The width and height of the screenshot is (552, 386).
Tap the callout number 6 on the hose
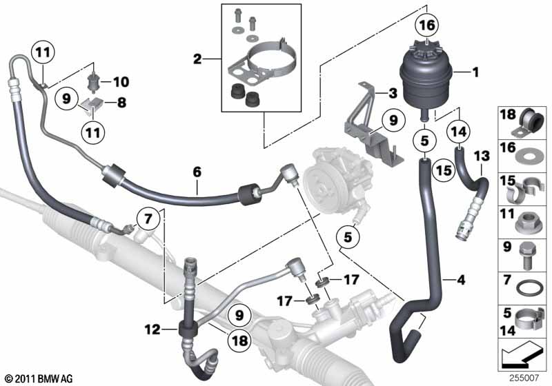pos(197,172)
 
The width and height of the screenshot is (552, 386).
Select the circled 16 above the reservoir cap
pos(426,26)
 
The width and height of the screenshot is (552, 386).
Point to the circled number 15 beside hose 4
pos(444,170)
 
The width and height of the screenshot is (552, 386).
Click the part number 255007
pos(524,378)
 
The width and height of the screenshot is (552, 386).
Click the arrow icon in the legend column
pos(522,355)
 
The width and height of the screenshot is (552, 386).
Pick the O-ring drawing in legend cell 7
pos(527,288)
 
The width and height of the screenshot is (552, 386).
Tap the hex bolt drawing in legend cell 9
pos(527,257)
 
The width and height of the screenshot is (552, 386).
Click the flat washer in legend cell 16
pos(526,157)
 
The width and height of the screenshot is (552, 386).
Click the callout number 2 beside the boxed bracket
pos(197,59)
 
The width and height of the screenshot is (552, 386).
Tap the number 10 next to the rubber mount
pos(121,82)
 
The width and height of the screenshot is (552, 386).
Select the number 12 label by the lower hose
pos(152,329)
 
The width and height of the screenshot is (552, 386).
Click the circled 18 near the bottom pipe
pos(239,340)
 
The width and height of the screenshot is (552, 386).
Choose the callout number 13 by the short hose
pos(482,156)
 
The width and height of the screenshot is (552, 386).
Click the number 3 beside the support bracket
pos(393,94)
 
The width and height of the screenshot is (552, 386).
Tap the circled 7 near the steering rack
pos(148,219)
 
